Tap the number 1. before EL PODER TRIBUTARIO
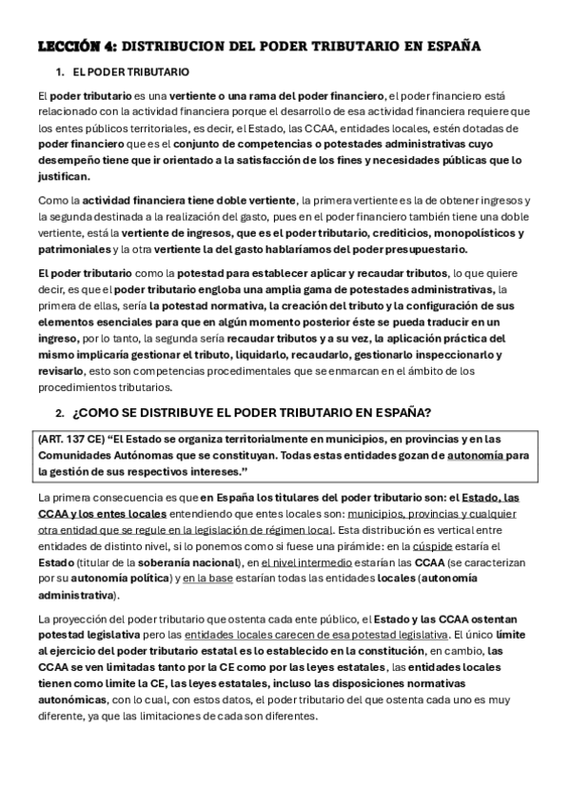point(60,72)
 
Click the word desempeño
point(69,160)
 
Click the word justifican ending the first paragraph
point(64,176)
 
